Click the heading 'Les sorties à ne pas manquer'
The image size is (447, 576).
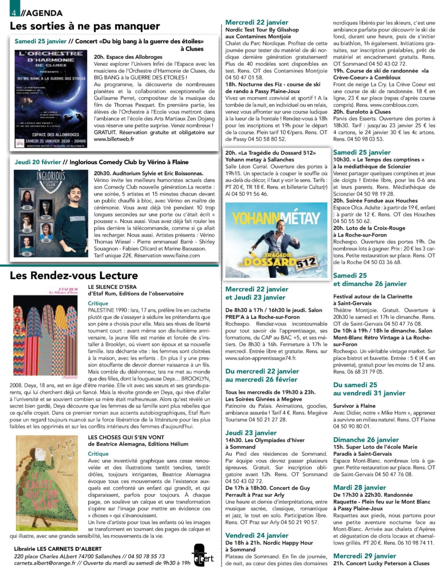(x=85, y=26)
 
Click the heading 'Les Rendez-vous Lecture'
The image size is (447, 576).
(x=74, y=275)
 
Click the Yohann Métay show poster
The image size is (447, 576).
(x=276, y=240)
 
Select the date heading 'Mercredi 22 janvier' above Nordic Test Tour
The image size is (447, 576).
(x=257, y=22)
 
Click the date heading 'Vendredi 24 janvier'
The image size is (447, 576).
(x=257, y=535)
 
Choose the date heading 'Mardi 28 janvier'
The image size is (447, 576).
(x=359, y=488)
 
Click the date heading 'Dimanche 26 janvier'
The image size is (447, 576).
(x=366, y=440)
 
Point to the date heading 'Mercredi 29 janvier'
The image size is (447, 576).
(x=364, y=556)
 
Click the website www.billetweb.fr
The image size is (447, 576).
(x=114, y=139)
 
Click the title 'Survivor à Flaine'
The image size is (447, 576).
(x=354, y=406)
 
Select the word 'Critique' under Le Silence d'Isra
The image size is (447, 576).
(x=98, y=303)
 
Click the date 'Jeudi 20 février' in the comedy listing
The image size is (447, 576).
(x=38, y=162)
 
